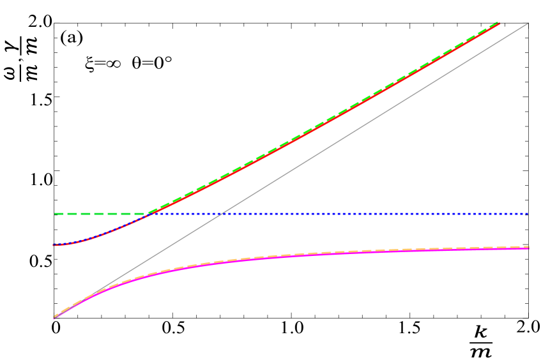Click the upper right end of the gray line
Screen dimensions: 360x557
[528, 23]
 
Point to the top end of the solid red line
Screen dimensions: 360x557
[499, 24]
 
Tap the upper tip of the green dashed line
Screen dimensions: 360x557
[498, 22]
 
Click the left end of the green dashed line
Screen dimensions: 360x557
[55, 214]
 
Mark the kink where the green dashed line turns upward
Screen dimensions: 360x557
[148, 214]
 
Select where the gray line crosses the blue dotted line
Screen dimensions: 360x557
[222, 214]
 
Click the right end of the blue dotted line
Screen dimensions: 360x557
[528, 214]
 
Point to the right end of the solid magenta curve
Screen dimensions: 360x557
[529, 248]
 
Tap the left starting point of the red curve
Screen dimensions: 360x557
[54, 245]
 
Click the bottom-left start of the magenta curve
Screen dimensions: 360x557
[54, 317]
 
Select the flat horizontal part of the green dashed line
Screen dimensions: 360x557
[102, 214]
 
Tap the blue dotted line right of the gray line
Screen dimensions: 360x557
[383, 214]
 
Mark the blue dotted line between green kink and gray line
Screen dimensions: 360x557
[185, 214]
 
